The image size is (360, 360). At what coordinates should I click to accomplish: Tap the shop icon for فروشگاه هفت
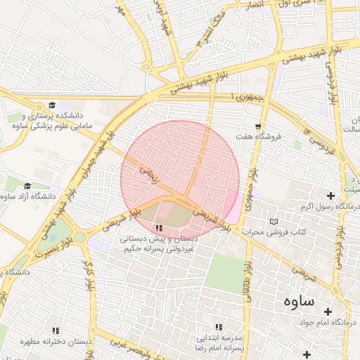[x=259, y=126]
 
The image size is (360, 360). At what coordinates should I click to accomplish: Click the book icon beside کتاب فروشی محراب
[x=274, y=221]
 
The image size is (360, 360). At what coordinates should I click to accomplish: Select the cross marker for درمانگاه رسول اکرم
[x=330, y=195]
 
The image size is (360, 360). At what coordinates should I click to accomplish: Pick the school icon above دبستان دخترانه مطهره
[x=56, y=330]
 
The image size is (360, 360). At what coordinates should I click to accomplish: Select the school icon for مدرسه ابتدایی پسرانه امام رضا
[x=218, y=327]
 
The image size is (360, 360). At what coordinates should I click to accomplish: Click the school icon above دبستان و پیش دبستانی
[x=159, y=228]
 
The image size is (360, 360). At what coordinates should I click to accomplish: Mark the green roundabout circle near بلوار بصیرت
[x=80, y=237]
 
